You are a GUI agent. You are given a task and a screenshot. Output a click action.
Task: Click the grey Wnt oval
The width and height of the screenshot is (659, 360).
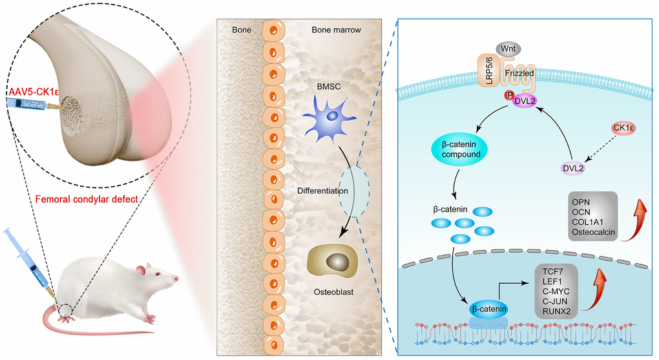tap(506, 49)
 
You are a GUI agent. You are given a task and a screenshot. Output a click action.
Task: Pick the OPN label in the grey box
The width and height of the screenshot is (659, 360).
tap(581, 201)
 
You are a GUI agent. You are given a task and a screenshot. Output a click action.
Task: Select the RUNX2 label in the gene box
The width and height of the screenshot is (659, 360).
tap(557, 310)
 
